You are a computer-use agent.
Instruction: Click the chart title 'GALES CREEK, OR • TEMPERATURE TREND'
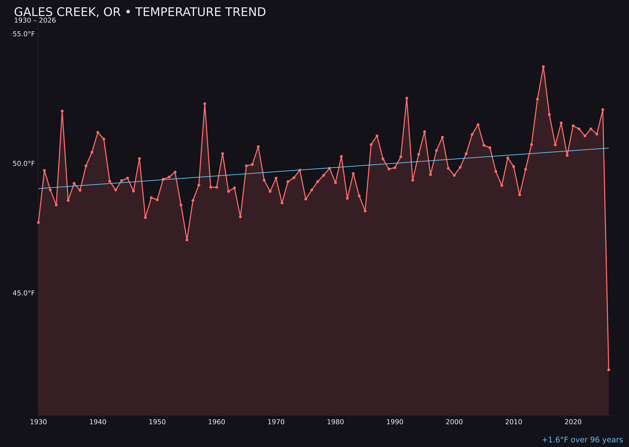(x=140, y=12)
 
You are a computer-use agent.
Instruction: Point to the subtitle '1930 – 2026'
(x=35, y=21)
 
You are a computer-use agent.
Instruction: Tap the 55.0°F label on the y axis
(x=24, y=34)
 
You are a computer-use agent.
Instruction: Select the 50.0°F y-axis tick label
(x=24, y=164)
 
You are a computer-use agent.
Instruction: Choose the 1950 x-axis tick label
(x=157, y=422)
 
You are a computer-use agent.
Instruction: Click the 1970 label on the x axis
(x=276, y=422)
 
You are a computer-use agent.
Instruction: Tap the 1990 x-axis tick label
(x=395, y=422)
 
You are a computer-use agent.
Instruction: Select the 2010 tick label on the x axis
(x=514, y=422)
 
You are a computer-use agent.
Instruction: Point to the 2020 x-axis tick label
(x=573, y=422)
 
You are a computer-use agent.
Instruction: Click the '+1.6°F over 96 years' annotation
(x=582, y=440)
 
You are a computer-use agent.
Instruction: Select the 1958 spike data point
(x=205, y=104)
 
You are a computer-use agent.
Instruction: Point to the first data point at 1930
(x=38, y=222)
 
